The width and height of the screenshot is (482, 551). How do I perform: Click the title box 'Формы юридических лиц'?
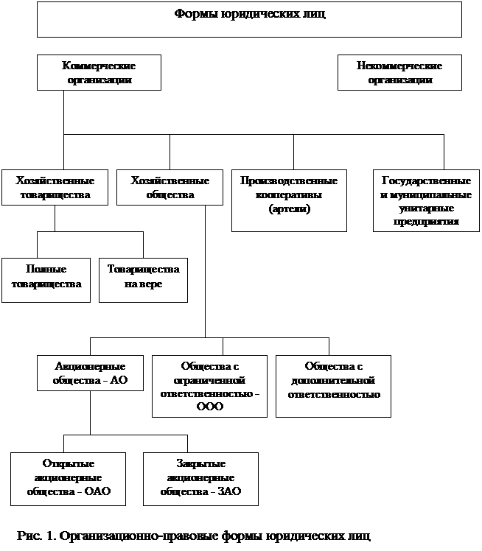(x=249, y=19)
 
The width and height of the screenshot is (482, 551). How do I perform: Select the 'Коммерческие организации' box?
(x=99, y=72)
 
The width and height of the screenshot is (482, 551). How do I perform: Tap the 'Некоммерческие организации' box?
(x=399, y=72)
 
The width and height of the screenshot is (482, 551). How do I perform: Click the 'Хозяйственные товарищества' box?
(x=55, y=187)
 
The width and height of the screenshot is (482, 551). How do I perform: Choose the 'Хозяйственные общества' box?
(x=170, y=187)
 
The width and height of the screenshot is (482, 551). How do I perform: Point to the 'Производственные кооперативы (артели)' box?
(x=289, y=200)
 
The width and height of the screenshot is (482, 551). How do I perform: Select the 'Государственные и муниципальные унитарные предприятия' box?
(x=426, y=200)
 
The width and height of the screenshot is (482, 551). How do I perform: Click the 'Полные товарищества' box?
(x=46, y=280)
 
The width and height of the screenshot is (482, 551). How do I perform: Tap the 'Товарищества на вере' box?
(x=144, y=280)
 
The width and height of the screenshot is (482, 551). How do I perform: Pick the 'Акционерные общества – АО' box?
(x=91, y=373)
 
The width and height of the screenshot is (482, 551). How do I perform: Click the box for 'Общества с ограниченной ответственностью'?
(x=209, y=386)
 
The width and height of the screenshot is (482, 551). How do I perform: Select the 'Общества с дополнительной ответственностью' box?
(x=333, y=386)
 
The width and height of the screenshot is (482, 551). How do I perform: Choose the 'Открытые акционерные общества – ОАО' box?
(x=69, y=479)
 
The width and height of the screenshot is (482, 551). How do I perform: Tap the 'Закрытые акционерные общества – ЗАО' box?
(x=200, y=479)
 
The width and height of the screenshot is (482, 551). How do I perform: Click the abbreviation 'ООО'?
(x=210, y=407)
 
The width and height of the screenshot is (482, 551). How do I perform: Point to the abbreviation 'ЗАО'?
(x=229, y=491)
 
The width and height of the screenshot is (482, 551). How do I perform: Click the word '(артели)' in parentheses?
(x=290, y=209)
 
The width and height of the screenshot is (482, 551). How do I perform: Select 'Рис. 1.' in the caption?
(x=37, y=536)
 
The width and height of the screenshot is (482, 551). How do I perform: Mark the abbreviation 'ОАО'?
(x=98, y=491)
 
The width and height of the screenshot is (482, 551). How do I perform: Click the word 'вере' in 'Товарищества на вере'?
(x=153, y=284)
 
